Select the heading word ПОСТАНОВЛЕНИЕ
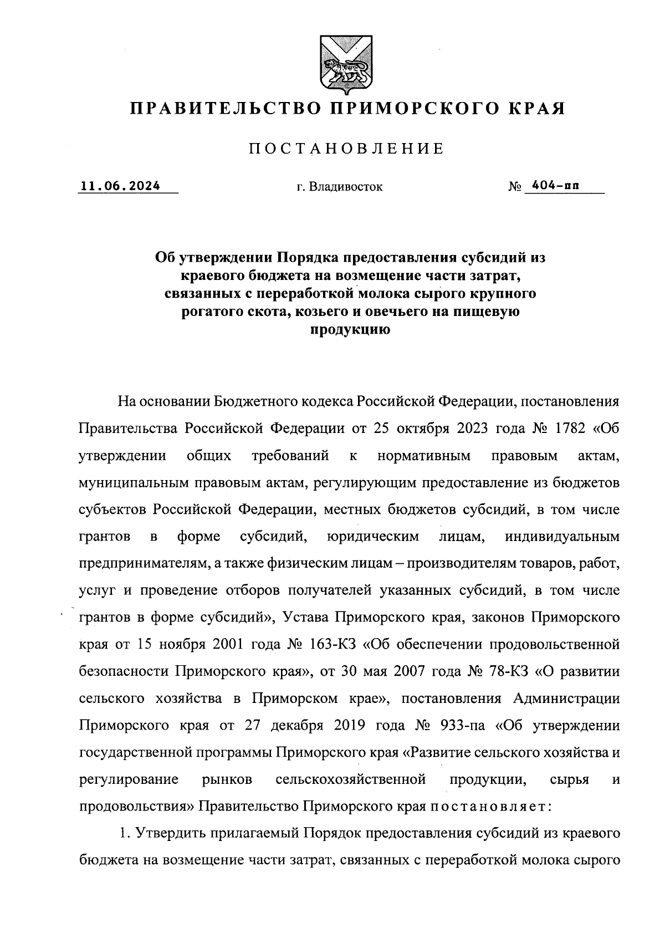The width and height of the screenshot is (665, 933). [x=346, y=149]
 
